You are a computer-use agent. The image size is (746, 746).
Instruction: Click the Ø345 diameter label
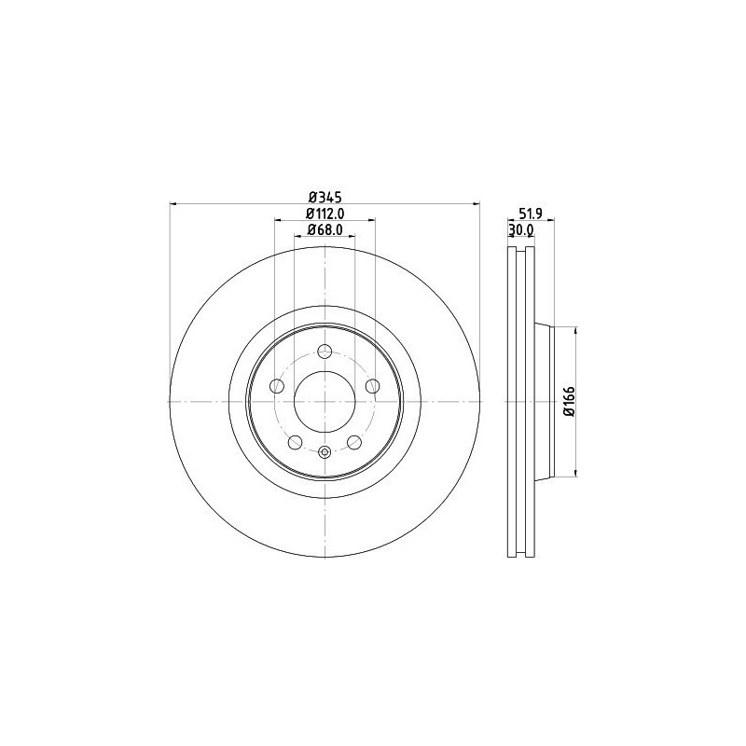(x=325, y=196)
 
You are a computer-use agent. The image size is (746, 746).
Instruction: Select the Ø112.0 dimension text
(x=325, y=213)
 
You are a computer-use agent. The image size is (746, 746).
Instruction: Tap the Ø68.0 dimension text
(x=325, y=229)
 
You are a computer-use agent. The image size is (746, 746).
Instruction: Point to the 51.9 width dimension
(x=532, y=214)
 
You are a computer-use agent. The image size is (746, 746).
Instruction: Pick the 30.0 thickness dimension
(x=521, y=229)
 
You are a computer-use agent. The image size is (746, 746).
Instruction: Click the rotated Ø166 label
(x=570, y=402)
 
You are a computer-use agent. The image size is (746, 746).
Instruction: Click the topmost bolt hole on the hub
(x=325, y=352)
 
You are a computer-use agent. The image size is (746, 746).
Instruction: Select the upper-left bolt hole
(x=277, y=386)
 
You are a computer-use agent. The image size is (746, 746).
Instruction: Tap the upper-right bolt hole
(x=372, y=386)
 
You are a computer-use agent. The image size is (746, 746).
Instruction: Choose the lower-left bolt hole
(x=296, y=442)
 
